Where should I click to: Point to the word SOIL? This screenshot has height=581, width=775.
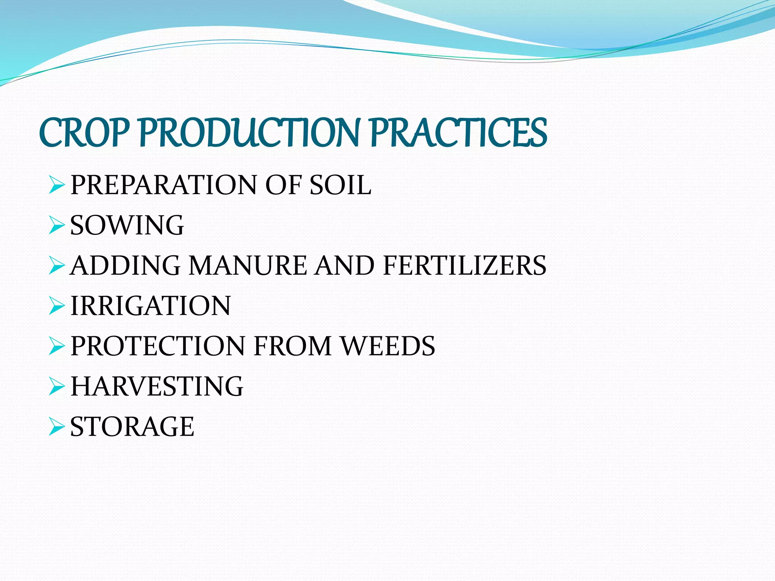[x=340, y=185]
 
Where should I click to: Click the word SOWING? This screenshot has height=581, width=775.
[x=127, y=225]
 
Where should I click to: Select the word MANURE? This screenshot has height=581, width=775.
[x=248, y=265]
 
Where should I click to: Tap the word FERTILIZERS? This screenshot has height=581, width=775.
[x=464, y=265]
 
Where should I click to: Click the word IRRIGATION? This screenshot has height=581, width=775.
[x=151, y=306]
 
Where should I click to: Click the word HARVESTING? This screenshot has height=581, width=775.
[x=157, y=386]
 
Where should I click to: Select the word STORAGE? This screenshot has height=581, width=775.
[x=132, y=426]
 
